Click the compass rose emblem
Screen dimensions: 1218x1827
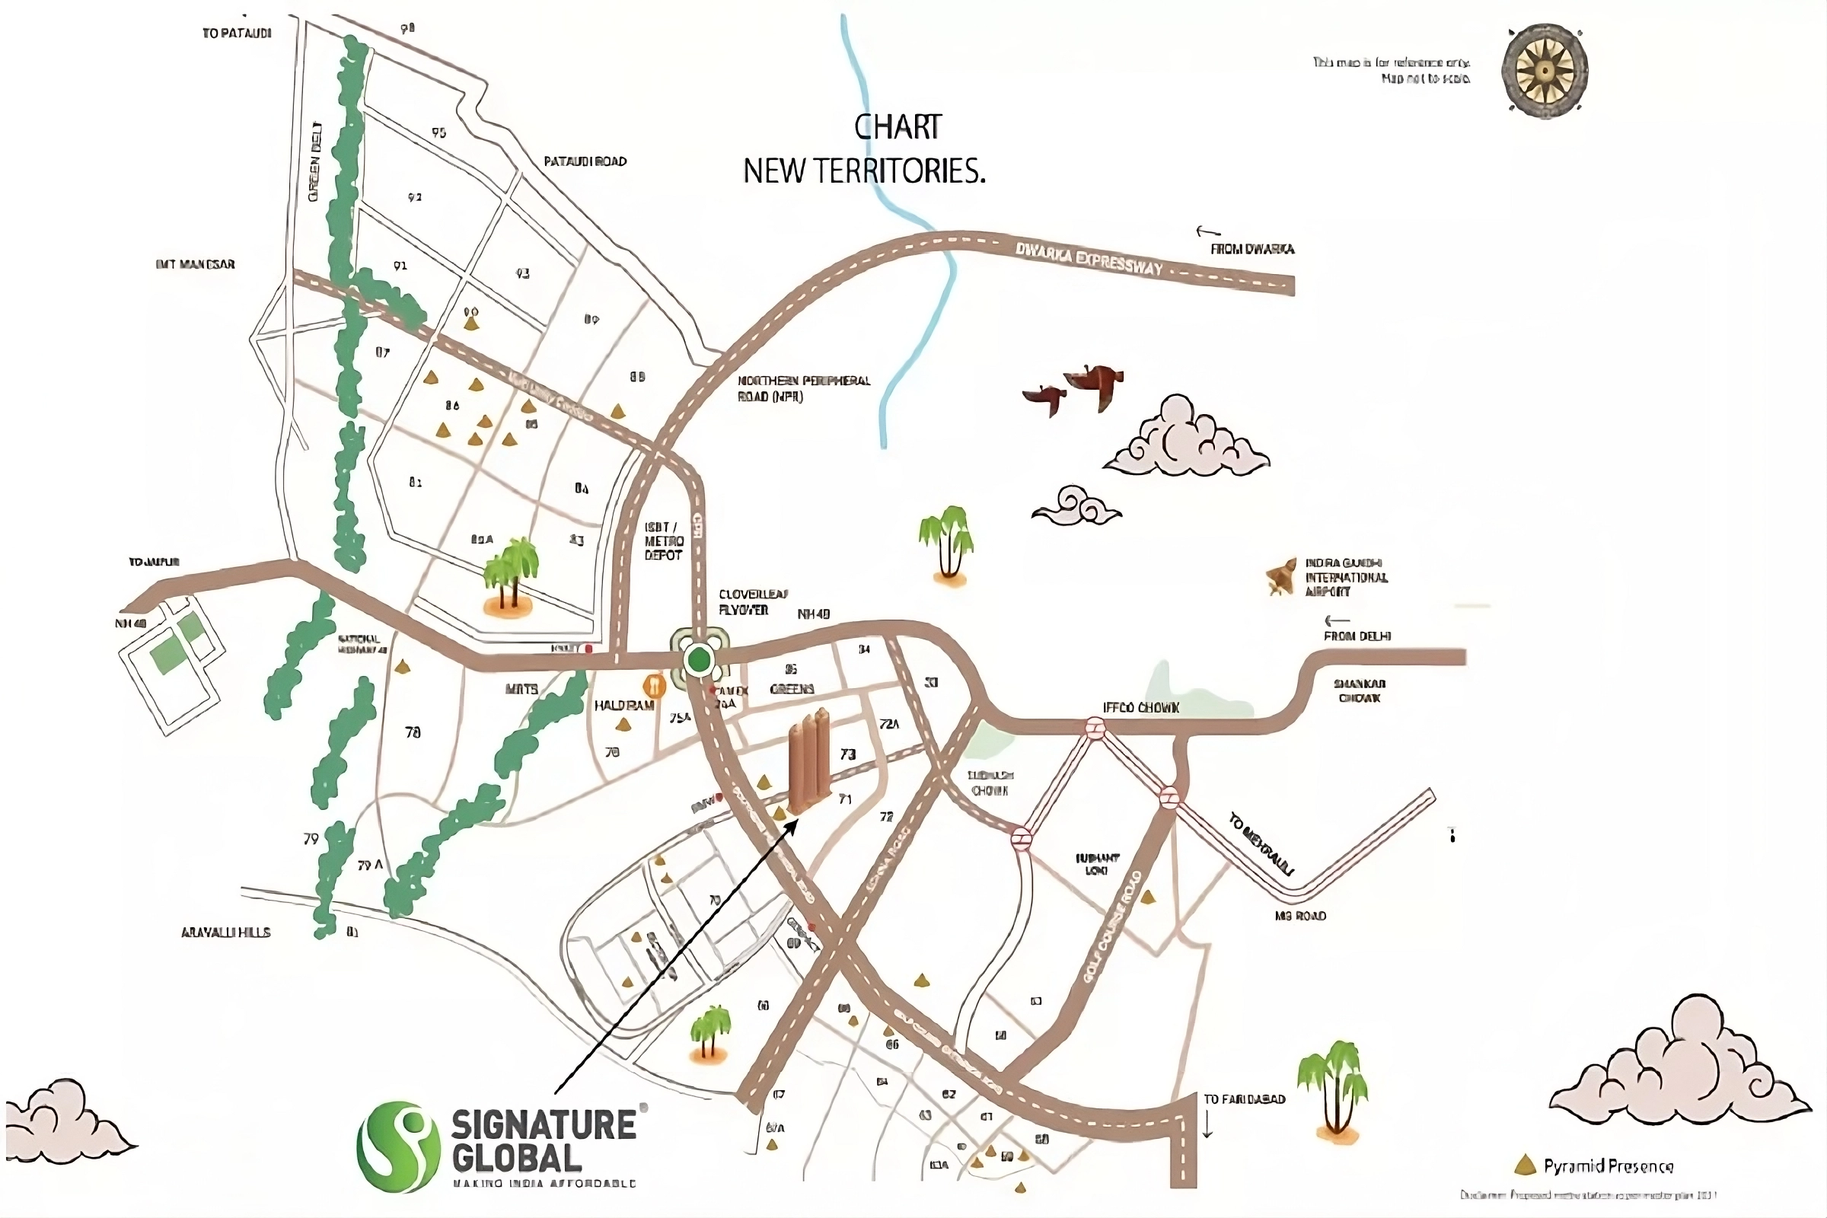[1545, 72]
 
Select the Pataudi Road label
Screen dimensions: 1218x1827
[584, 161]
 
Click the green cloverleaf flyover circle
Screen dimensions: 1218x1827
[699, 660]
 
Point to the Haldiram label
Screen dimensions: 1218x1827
[623, 706]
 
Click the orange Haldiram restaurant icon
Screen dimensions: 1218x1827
[655, 685]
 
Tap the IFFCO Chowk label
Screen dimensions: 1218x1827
[1140, 708]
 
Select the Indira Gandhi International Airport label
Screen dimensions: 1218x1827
[1345, 577]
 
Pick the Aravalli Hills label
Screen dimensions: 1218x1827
[225, 932]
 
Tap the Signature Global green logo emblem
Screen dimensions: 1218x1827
[393, 1146]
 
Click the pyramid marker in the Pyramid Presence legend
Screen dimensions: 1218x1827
[1525, 1165]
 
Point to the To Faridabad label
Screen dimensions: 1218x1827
[1244, 1099]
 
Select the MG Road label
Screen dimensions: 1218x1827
[1299, 916]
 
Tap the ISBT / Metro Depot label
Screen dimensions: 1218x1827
[663, 541]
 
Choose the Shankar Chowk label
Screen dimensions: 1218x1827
[1360, 690]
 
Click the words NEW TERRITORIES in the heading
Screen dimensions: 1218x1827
[864, 171]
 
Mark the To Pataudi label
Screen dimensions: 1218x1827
[236, 33]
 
